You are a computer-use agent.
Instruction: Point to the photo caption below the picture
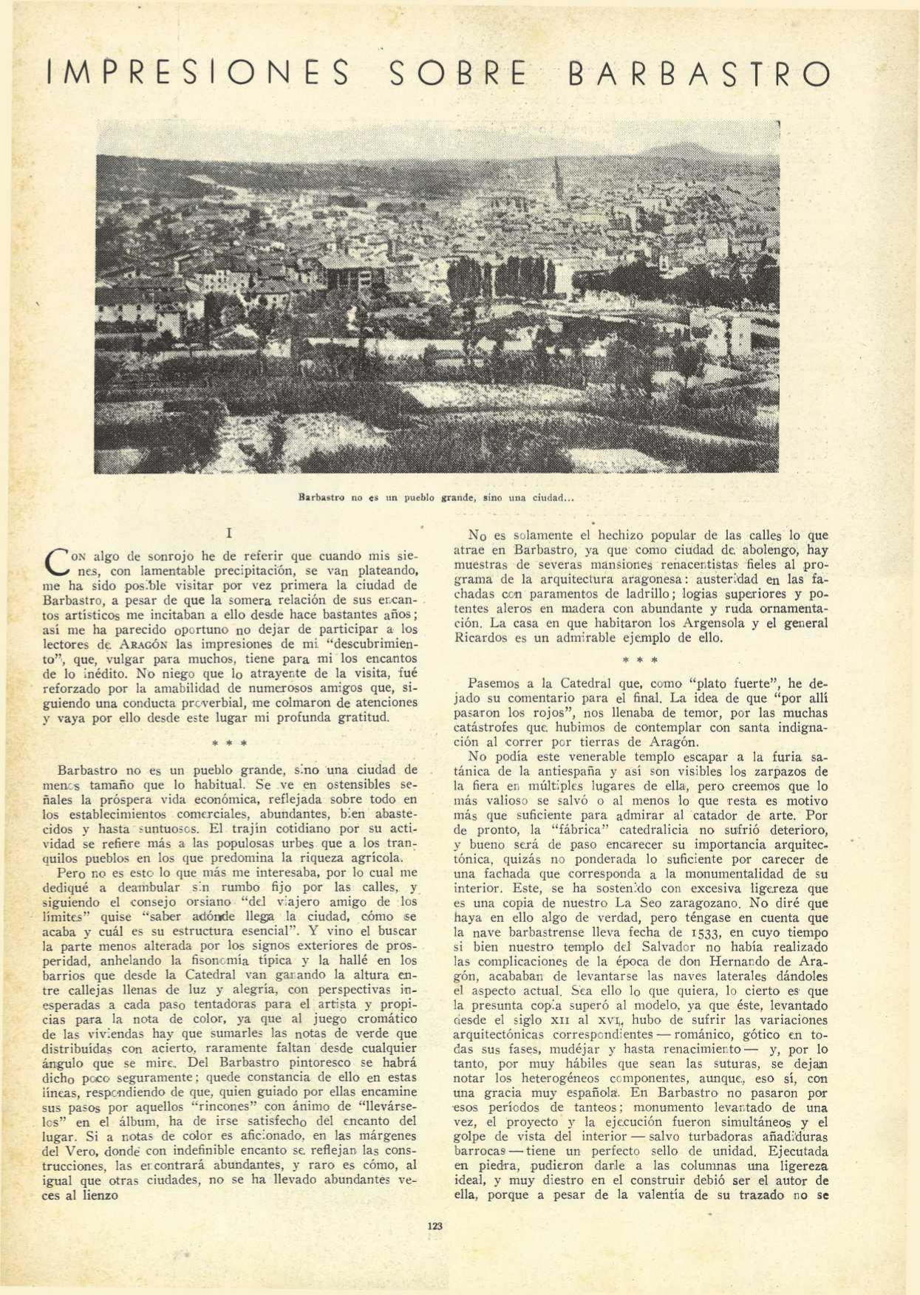435,498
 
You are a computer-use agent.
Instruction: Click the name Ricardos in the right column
480,638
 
